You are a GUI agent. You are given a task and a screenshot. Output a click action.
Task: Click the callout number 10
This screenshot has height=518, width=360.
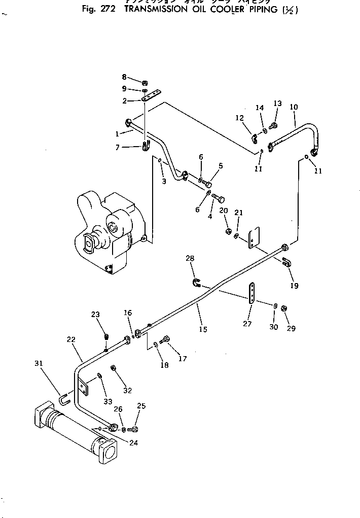pos(294,107)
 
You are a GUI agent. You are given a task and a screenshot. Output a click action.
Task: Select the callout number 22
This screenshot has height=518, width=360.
pos(71,338)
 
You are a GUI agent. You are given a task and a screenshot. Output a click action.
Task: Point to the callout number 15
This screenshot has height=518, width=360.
pos(203,329)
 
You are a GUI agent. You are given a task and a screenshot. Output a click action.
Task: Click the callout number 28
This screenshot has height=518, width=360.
pos(190,259)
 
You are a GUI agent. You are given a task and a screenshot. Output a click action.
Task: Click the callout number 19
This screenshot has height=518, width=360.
pos(295,286)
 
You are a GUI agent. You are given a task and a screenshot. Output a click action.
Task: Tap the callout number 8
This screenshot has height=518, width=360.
pos(124,77)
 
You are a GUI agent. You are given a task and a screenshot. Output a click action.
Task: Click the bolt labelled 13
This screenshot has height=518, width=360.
pos(274,125)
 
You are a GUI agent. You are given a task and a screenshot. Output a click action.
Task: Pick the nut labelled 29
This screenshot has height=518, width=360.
pos(284,308)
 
